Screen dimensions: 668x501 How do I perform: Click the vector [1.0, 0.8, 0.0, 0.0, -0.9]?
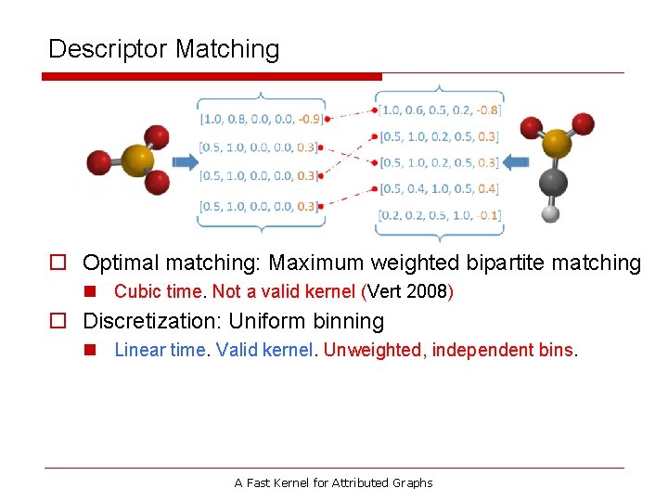262,119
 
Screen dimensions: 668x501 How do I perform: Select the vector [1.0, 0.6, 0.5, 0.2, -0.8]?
440,109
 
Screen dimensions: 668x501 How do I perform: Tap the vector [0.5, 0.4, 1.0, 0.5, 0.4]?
440,189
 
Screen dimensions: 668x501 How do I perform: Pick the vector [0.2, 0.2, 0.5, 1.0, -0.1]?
440,215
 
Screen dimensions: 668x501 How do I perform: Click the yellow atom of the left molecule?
136,160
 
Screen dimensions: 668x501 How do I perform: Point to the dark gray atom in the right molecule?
554,181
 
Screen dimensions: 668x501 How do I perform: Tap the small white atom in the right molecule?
550,213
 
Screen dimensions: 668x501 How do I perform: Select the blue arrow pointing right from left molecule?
186,161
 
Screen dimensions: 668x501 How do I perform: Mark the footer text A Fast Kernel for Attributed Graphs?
333,482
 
